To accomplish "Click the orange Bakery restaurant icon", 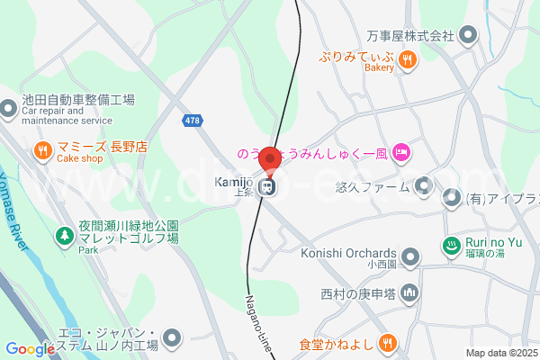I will point(407,59).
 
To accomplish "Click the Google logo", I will point(30,349).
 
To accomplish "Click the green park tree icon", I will point(64,235).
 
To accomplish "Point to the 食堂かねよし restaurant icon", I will point(388,342).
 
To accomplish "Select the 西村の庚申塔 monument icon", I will point(409,292).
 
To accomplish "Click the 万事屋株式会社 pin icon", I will point(467,36).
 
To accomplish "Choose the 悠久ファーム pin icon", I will point(426,187).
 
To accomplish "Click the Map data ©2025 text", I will point(501,353).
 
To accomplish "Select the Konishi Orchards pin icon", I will point(410,256).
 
